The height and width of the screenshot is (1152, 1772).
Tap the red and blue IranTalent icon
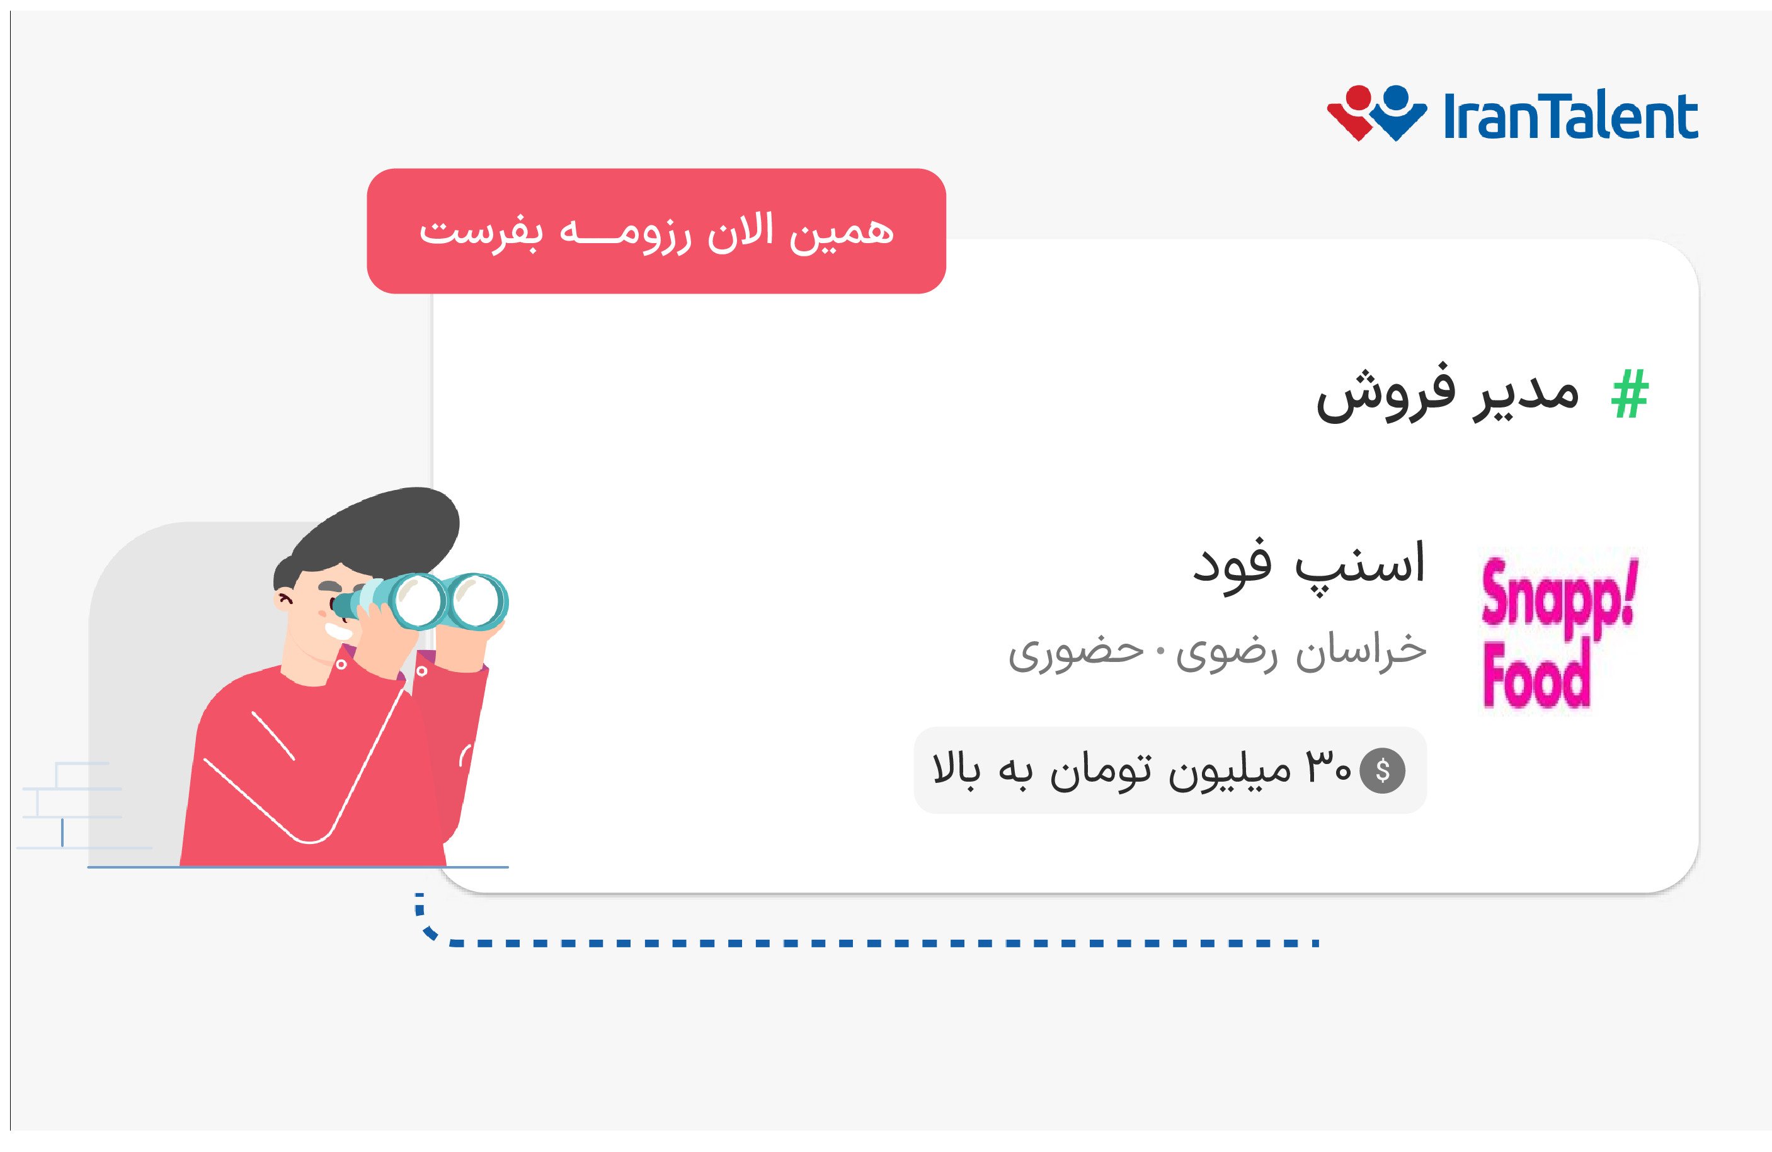click(1376, 113)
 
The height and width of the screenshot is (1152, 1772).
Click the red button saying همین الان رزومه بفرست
click(656, 231)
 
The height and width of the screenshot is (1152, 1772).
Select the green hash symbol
click(1630, 394)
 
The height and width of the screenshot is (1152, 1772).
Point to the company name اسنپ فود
click(1309, 564)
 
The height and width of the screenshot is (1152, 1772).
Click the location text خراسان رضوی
click(1301, 651)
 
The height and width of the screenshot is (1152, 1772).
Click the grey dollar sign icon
click(1383, 770)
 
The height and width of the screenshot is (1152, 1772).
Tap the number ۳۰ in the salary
click(1327, 768)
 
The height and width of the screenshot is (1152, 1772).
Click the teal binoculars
click(432, 601)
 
